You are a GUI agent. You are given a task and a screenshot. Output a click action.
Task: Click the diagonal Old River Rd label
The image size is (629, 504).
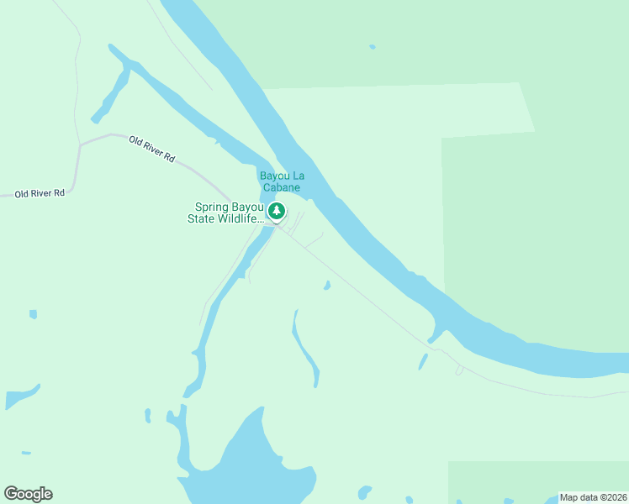(x=152, y=150)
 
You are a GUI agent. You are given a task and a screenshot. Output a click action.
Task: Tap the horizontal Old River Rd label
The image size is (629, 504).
(x=40, y=194)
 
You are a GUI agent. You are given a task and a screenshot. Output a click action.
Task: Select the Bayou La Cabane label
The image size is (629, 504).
(x=281, y=181)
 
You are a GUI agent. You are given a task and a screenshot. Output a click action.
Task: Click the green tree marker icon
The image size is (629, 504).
(x=276, y=211)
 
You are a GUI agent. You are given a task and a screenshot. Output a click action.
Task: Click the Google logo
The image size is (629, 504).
(x=28, y=493)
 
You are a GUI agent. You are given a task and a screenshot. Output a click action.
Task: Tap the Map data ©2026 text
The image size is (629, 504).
(x=593, y=497)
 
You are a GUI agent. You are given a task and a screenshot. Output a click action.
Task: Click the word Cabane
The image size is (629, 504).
(x=281, y=187)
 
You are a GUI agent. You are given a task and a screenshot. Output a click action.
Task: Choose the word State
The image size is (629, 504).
(x=203, y=218)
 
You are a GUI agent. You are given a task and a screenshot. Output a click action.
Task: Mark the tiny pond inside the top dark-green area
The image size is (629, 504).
(x=372, y=47)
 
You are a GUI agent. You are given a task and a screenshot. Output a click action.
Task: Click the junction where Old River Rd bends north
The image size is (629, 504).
(x=80, y=145)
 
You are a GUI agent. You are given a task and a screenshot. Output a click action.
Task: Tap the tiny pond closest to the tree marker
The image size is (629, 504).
(x=326, y=286)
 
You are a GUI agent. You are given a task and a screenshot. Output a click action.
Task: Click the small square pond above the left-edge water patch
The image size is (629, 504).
(x=33, y=314)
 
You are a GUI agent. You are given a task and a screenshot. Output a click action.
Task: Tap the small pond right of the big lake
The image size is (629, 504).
(x=364, y=491)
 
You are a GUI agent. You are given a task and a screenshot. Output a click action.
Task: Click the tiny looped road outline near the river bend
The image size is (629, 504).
(x=458, y=370)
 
